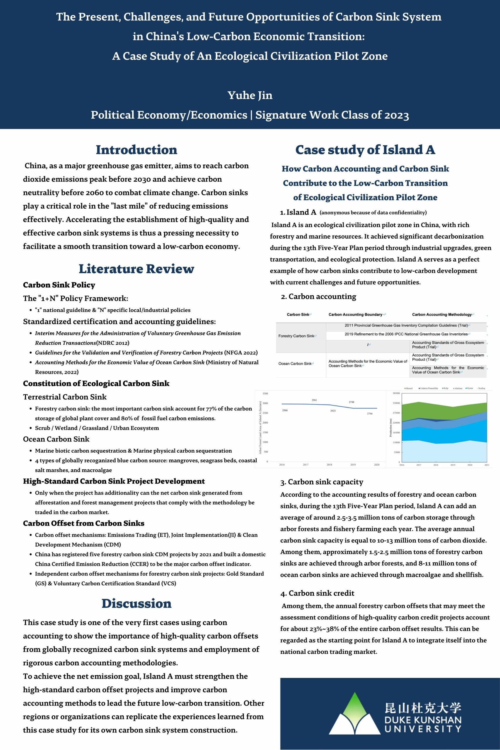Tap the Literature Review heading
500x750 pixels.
tap(136, 269)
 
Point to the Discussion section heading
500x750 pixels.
tap(136, 604)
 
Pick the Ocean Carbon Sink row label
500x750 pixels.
tap(296, 364)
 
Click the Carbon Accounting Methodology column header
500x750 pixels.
tap(442, 314)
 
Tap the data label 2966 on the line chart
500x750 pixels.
tap(285, 410)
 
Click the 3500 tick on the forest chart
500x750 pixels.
tap(265, 393)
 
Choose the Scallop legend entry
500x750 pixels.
tap(481, 388)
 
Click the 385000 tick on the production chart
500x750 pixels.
tap(396, 393)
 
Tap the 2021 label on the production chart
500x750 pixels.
tap(487, 465)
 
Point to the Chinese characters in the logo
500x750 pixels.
tap(423, 708)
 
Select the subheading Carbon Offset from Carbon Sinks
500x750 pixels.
tap(83, 523)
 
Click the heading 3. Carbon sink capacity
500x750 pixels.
tap(322, 482)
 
